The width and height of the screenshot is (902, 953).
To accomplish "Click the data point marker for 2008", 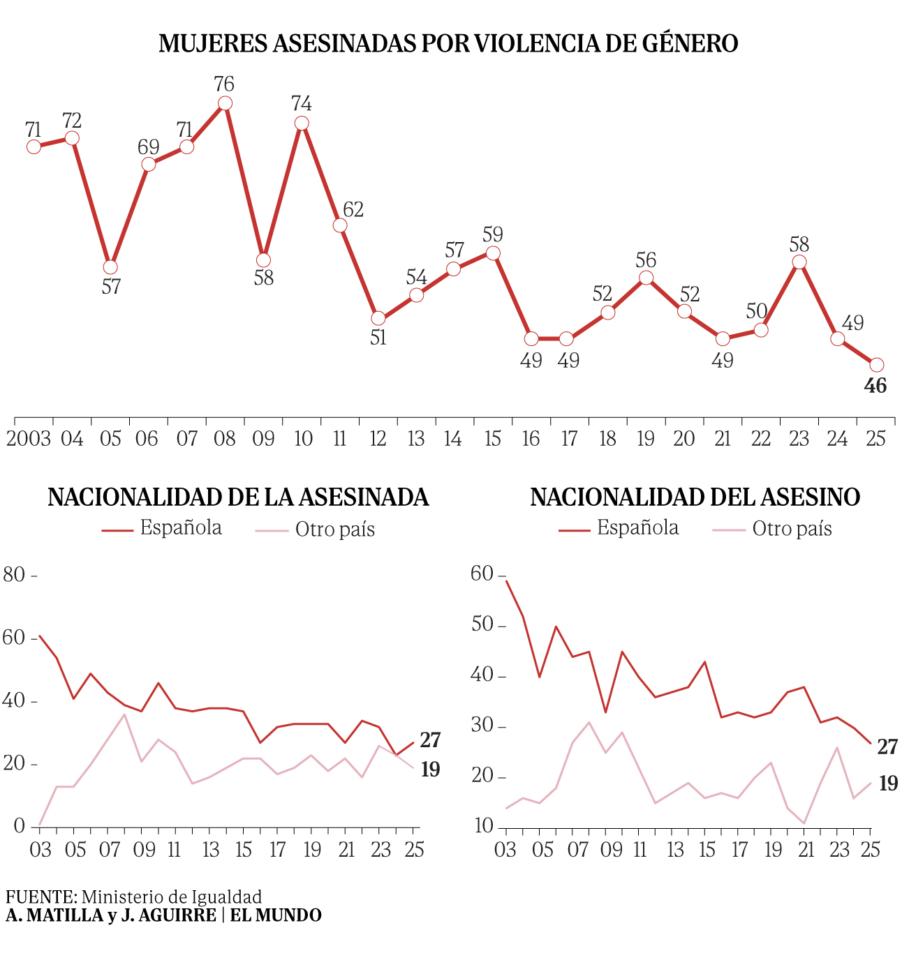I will pyautogui.click(x=225, y=103).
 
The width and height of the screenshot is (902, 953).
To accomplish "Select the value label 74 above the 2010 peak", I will pyautogui.click(x=301, y=104).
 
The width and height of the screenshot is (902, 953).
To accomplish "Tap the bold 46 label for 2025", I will pyautogui.click(x=875, y=386).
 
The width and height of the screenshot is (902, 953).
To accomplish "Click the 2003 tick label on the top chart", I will pyautogui.click(x=29, y=439).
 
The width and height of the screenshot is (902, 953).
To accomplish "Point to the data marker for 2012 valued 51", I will pyautogui.click(x=378, y=318).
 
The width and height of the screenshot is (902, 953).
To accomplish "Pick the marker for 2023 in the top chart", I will pyautogui.click(x=799, y=262).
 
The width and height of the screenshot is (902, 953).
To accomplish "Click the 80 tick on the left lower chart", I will pyautogui.click(x=14, y=575).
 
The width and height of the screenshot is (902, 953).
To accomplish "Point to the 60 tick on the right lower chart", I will pyautogui.click(x=482, y=573).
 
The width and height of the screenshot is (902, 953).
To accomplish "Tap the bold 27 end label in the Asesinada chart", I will pyautogui.click(x=430, y=740).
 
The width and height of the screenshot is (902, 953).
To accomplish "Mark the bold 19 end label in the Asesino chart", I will pyautogui.click(x=888, y=784).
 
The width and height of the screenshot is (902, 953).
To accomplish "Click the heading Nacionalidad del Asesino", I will pyautogui.click(x=695, y=497).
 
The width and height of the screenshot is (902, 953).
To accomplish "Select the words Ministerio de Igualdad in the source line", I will pyautogui.click(x=172, y=897).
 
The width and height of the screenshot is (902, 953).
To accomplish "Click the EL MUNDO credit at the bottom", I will pyautogui.click(x=276, y=915).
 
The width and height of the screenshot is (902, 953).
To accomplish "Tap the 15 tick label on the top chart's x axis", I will pyautogui.click(x=493, y=439).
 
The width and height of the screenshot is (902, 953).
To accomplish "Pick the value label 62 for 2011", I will pyautogui.click(x=353, y=209).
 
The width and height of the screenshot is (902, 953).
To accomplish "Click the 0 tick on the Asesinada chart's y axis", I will pyautogui.click(x=19, y=827).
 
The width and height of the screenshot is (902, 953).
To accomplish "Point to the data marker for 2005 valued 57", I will pyautogui.click(x=110, y=267).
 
